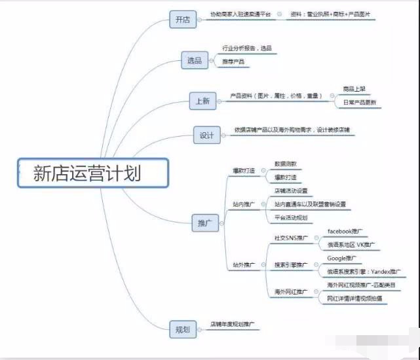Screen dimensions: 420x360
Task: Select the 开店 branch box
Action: (x=182, y=20)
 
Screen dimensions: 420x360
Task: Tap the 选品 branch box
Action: (x=195, y=60)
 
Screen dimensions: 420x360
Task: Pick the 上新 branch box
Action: (x=202, y=101)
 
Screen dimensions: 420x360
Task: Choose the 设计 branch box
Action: (x=207, y=135)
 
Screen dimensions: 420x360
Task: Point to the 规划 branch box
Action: (x=182, y=329)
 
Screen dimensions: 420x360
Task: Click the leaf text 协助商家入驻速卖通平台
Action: (x=240, y=14)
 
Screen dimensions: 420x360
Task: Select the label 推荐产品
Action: (x=233, y=62)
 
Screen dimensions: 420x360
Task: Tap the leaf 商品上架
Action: (x=355, y=88)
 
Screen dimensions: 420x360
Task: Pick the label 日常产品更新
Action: (x=360, y=103)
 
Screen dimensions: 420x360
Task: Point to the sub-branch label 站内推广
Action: (x=244, y=204)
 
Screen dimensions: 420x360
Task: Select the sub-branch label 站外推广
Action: (x=244, y=265)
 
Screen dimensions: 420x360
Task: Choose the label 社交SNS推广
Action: (x=291, y=238)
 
